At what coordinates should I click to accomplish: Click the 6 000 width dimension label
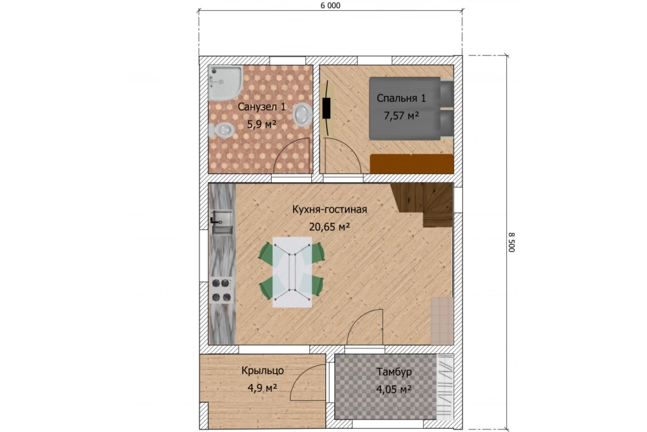[330, 6]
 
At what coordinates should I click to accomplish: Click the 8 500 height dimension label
[512, 242]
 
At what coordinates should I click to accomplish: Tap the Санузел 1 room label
[261, 107]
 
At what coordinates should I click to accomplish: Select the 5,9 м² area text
[261, 124]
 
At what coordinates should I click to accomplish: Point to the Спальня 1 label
[401, 98]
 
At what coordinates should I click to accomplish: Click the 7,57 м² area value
[401, 115]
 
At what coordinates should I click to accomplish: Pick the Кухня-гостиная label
[330, 209]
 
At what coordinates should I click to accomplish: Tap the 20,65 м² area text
[330, 227]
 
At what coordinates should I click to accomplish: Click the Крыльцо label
[262, 371]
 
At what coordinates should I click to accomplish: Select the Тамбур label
[394, 372]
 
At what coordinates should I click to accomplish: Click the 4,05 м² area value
[394, 389]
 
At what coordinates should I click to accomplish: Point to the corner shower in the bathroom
[225, 82]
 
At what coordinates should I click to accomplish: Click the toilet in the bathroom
[222, 130]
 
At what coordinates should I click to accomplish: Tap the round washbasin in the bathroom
[303, 113]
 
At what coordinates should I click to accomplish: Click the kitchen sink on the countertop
[222, 222]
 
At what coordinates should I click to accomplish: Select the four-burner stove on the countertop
[222, 290]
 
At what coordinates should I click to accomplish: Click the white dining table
[292, 271]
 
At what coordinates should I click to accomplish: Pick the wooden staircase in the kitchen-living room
[422, 205]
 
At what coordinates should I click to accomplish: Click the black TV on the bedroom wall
[326, 108]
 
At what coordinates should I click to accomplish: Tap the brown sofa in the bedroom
[412, 164]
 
